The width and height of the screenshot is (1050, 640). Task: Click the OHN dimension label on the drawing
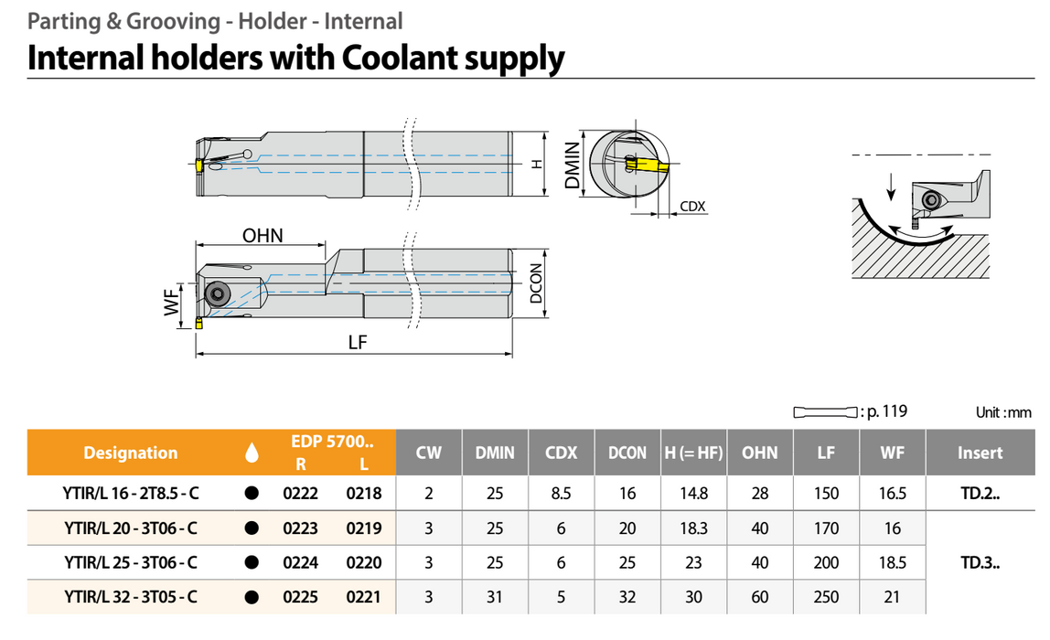[262, 235]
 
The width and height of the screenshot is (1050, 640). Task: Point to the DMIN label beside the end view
[573, 165]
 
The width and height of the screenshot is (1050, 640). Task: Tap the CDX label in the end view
[693, 207]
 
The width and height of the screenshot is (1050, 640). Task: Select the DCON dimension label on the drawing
[537, 284]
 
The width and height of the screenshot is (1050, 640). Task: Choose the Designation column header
[131, 453]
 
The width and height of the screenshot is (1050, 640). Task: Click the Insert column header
[980, 453]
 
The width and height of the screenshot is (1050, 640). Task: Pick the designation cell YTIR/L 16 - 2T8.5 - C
[132, 494]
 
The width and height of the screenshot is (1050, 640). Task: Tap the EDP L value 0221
[363, 598]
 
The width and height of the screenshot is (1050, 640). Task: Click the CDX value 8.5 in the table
[561, 494]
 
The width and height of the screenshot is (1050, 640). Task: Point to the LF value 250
[826, 598]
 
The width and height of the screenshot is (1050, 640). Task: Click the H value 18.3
[693, 528]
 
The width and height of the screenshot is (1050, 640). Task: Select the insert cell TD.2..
[980, 494]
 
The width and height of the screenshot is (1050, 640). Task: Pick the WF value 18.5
[893, 563]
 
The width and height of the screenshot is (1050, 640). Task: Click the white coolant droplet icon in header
[252, 453]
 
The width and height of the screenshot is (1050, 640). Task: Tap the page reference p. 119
[884, 411]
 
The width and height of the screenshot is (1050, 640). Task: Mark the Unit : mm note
[1002, 413]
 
